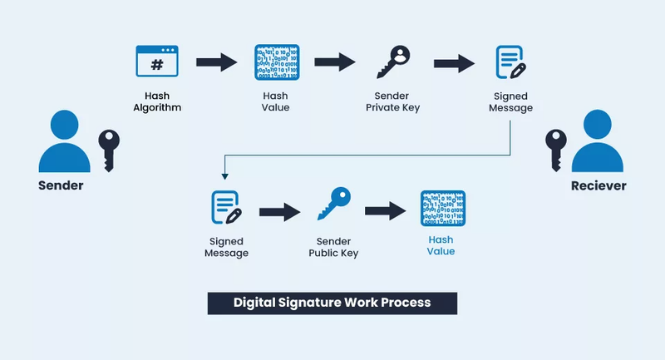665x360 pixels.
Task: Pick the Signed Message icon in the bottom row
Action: pyautogui.click(x=226, y=208)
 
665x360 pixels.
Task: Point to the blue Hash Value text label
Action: pyautogui.click(x=441, y=245)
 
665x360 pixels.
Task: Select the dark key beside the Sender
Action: pyautogui.click(x=110, y=150)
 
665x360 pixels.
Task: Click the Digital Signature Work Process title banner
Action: pyautogui.click(x=332, y=302)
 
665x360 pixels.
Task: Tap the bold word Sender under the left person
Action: pyautogui.click(x=62, y=185)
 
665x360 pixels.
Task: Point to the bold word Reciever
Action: pyautogui.click(x=598, y=185)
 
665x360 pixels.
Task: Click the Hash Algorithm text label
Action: pyautogui.click(x=157, y=101)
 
